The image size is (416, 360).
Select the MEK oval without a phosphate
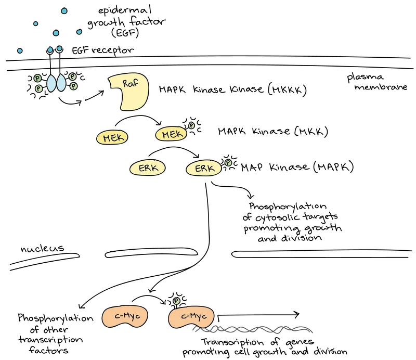coord(112,138)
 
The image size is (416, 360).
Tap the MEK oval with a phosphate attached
coord(171,135)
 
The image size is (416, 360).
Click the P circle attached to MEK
coord(191,125)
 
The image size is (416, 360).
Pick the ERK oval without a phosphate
coord(148,168)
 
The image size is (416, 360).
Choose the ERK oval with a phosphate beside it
coord(204,169)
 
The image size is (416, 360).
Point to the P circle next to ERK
coord(228,163)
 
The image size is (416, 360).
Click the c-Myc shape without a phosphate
coord(124,317)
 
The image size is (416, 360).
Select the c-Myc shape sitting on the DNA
coord(191,317)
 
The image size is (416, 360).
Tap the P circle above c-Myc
coord(176,301)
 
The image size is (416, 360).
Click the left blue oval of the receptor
coord(52,83)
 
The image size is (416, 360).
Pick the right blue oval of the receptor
coord(62,83)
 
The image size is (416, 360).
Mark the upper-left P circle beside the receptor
coord(37,78)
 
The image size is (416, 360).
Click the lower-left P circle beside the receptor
coord(38,89)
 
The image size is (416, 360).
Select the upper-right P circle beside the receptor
coord(73,77)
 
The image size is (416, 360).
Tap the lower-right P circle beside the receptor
coord(73,86)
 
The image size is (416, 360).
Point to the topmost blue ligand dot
coord(64,11)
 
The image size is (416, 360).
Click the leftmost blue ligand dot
coord(20,50)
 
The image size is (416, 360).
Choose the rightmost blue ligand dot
coord(79,32)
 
